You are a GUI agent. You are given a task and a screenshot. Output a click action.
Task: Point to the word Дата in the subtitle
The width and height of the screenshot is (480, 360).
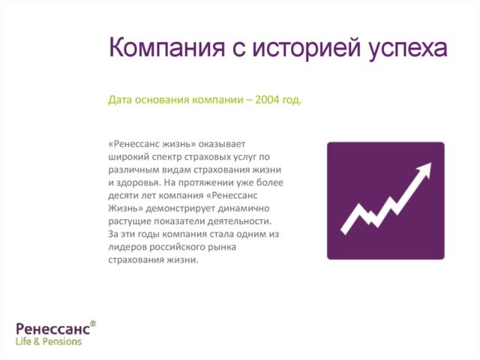coord(121,100)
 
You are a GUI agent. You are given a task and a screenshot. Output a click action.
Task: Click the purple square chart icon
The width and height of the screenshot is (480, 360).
coord(385,201)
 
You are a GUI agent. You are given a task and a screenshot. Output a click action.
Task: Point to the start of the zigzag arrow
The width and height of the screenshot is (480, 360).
coord(345,228)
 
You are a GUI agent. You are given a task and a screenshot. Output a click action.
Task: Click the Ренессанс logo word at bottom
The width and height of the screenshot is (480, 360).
coord(52,328)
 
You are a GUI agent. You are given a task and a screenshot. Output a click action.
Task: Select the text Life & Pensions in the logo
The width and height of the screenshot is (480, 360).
coord(49,341)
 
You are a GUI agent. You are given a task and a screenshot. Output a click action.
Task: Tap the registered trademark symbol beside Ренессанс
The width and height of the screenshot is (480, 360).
coord(93,323)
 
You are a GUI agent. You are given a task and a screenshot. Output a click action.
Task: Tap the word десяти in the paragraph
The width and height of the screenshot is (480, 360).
coord(123,195)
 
